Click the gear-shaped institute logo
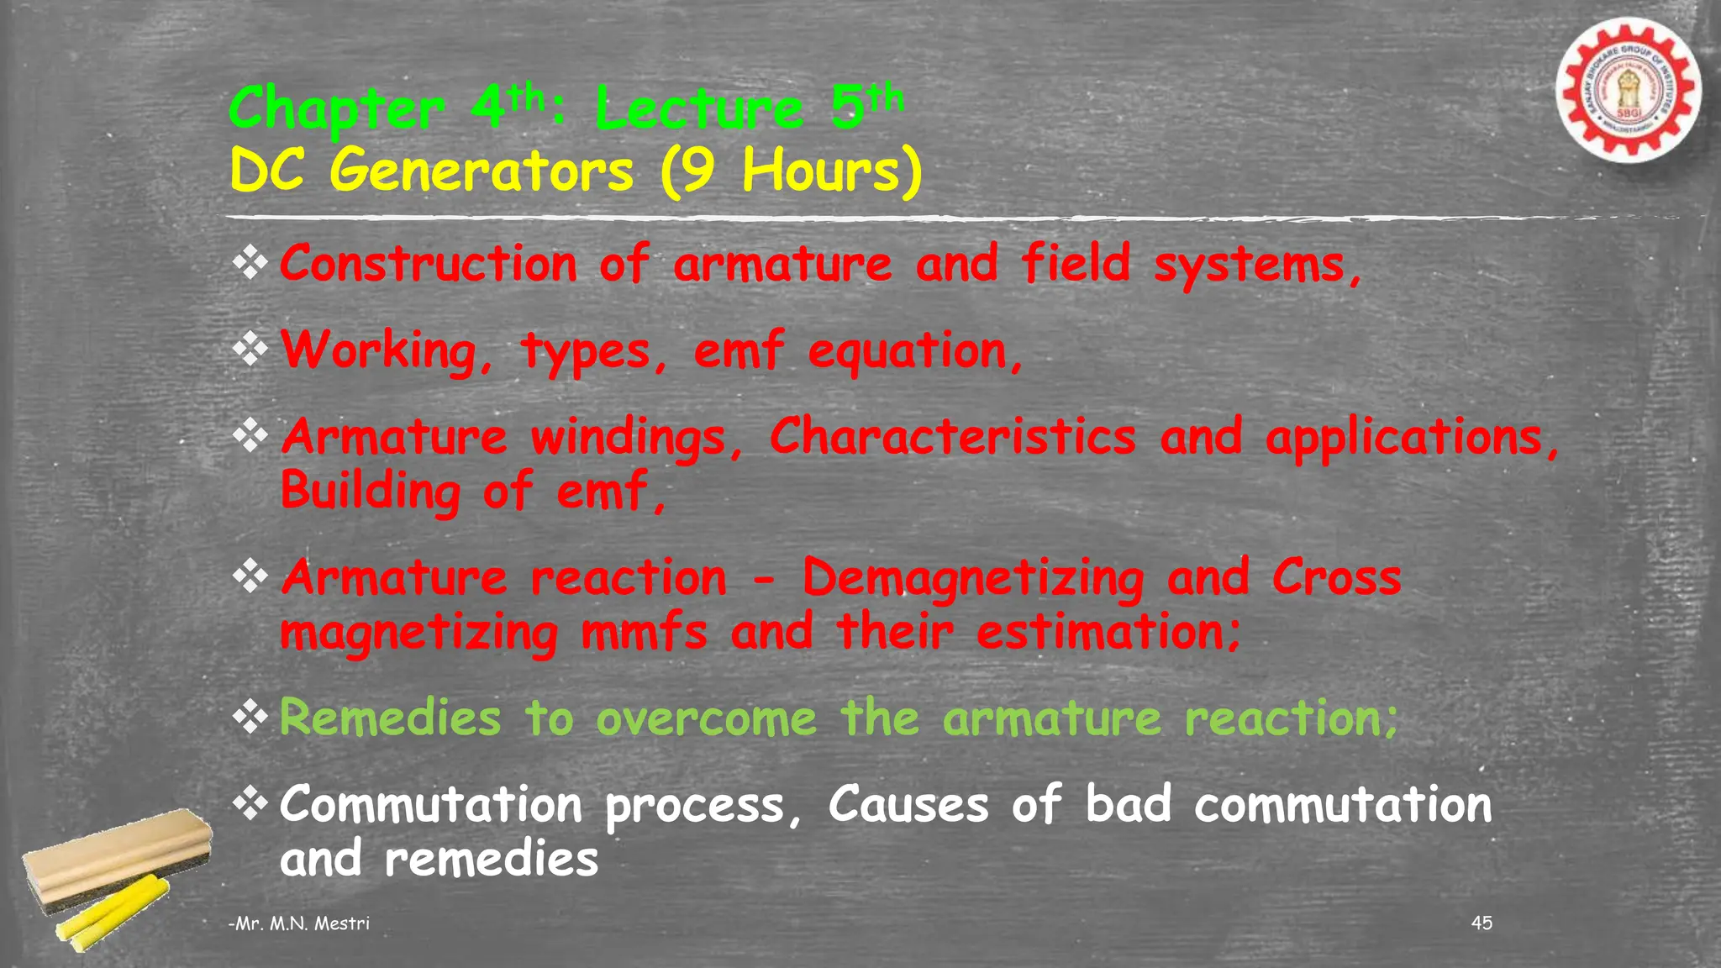(x=1628, y=90)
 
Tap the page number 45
(x=1482, y=923)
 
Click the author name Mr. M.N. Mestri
(x=300, y=923)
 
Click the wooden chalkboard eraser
(x=118, y=853)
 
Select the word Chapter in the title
(x=336, y=110)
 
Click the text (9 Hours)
(x=791, y=171)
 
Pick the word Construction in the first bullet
(x=429, y=264)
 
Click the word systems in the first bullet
(x=1256, y=266)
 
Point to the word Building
(x=370, y=492)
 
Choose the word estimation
(x=1107, y=632)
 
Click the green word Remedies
(x=390, y=719)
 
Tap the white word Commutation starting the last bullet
(x=430, y=806)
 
